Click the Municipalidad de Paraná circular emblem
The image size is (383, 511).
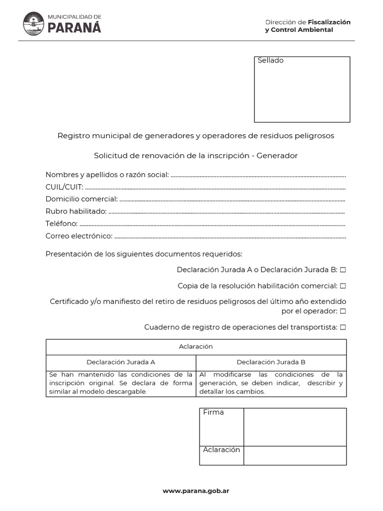pos(33,24)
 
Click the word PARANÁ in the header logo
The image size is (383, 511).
pos(74,28)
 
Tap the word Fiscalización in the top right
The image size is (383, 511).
pos(329,22)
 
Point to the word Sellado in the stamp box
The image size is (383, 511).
pos(271,61)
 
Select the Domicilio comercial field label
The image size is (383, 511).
pos(82,199)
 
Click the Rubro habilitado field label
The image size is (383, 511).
pos(76,212)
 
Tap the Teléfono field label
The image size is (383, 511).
pos(61,224)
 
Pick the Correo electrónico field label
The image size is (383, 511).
pos(79,236)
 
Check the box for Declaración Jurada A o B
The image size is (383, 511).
pos(343,269)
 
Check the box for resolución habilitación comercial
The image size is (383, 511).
pos(343,286)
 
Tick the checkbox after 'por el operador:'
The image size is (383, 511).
pos(343,311)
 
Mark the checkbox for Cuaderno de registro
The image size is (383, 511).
pos(343,327)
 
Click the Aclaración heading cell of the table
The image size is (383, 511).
pos(196,346)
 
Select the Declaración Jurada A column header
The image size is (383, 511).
pos(121,362)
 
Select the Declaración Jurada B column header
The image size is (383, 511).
pos(271,362)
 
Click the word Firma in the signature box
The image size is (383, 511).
pos(213,412)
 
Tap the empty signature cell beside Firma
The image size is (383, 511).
pos(295,427)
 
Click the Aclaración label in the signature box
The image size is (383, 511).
pos(221,450)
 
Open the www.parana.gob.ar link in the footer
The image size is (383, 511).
pos(196,491)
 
